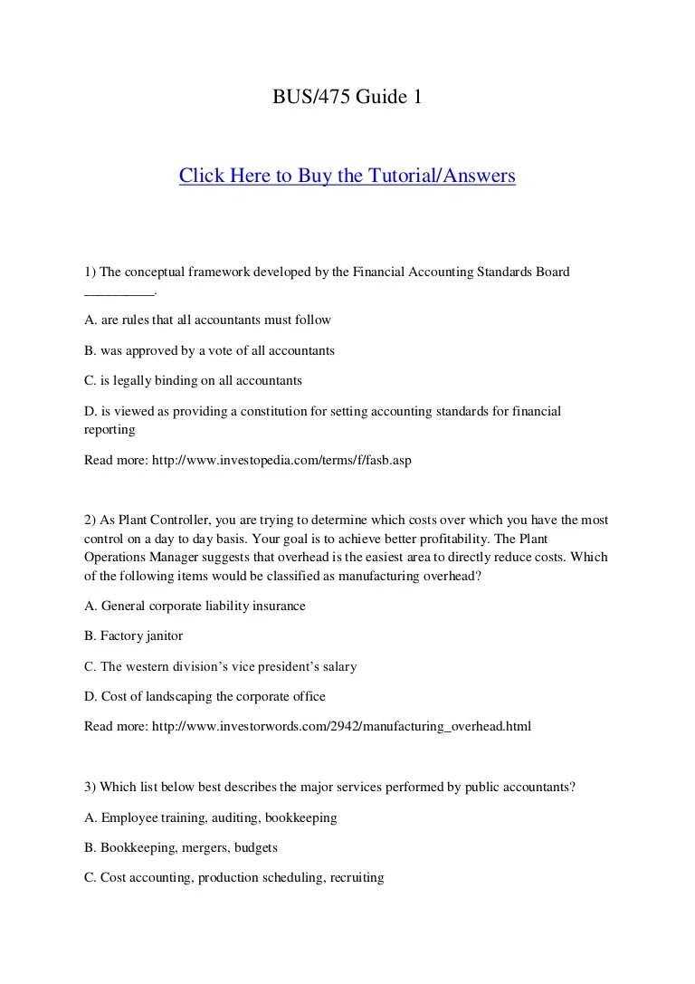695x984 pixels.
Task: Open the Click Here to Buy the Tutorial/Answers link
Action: (x=347, y=176)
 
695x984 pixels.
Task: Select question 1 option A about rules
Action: (x=207, y=320)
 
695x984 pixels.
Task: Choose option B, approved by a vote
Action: (x=209, y=350)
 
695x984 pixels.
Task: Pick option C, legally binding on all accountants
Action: (x=193, y=380)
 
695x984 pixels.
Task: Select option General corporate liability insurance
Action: (x=195, y=606)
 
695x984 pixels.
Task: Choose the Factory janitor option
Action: (x=133, y=636)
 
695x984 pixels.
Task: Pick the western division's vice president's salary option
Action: (x=220, y=666)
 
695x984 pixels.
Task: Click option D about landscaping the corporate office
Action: (x=205, y=696)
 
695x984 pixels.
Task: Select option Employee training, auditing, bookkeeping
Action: (x=210, y=817)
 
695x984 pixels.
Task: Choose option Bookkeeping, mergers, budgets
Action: (x=181, y=848)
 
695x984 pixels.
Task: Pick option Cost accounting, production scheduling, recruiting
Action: (x=233, y=877)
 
